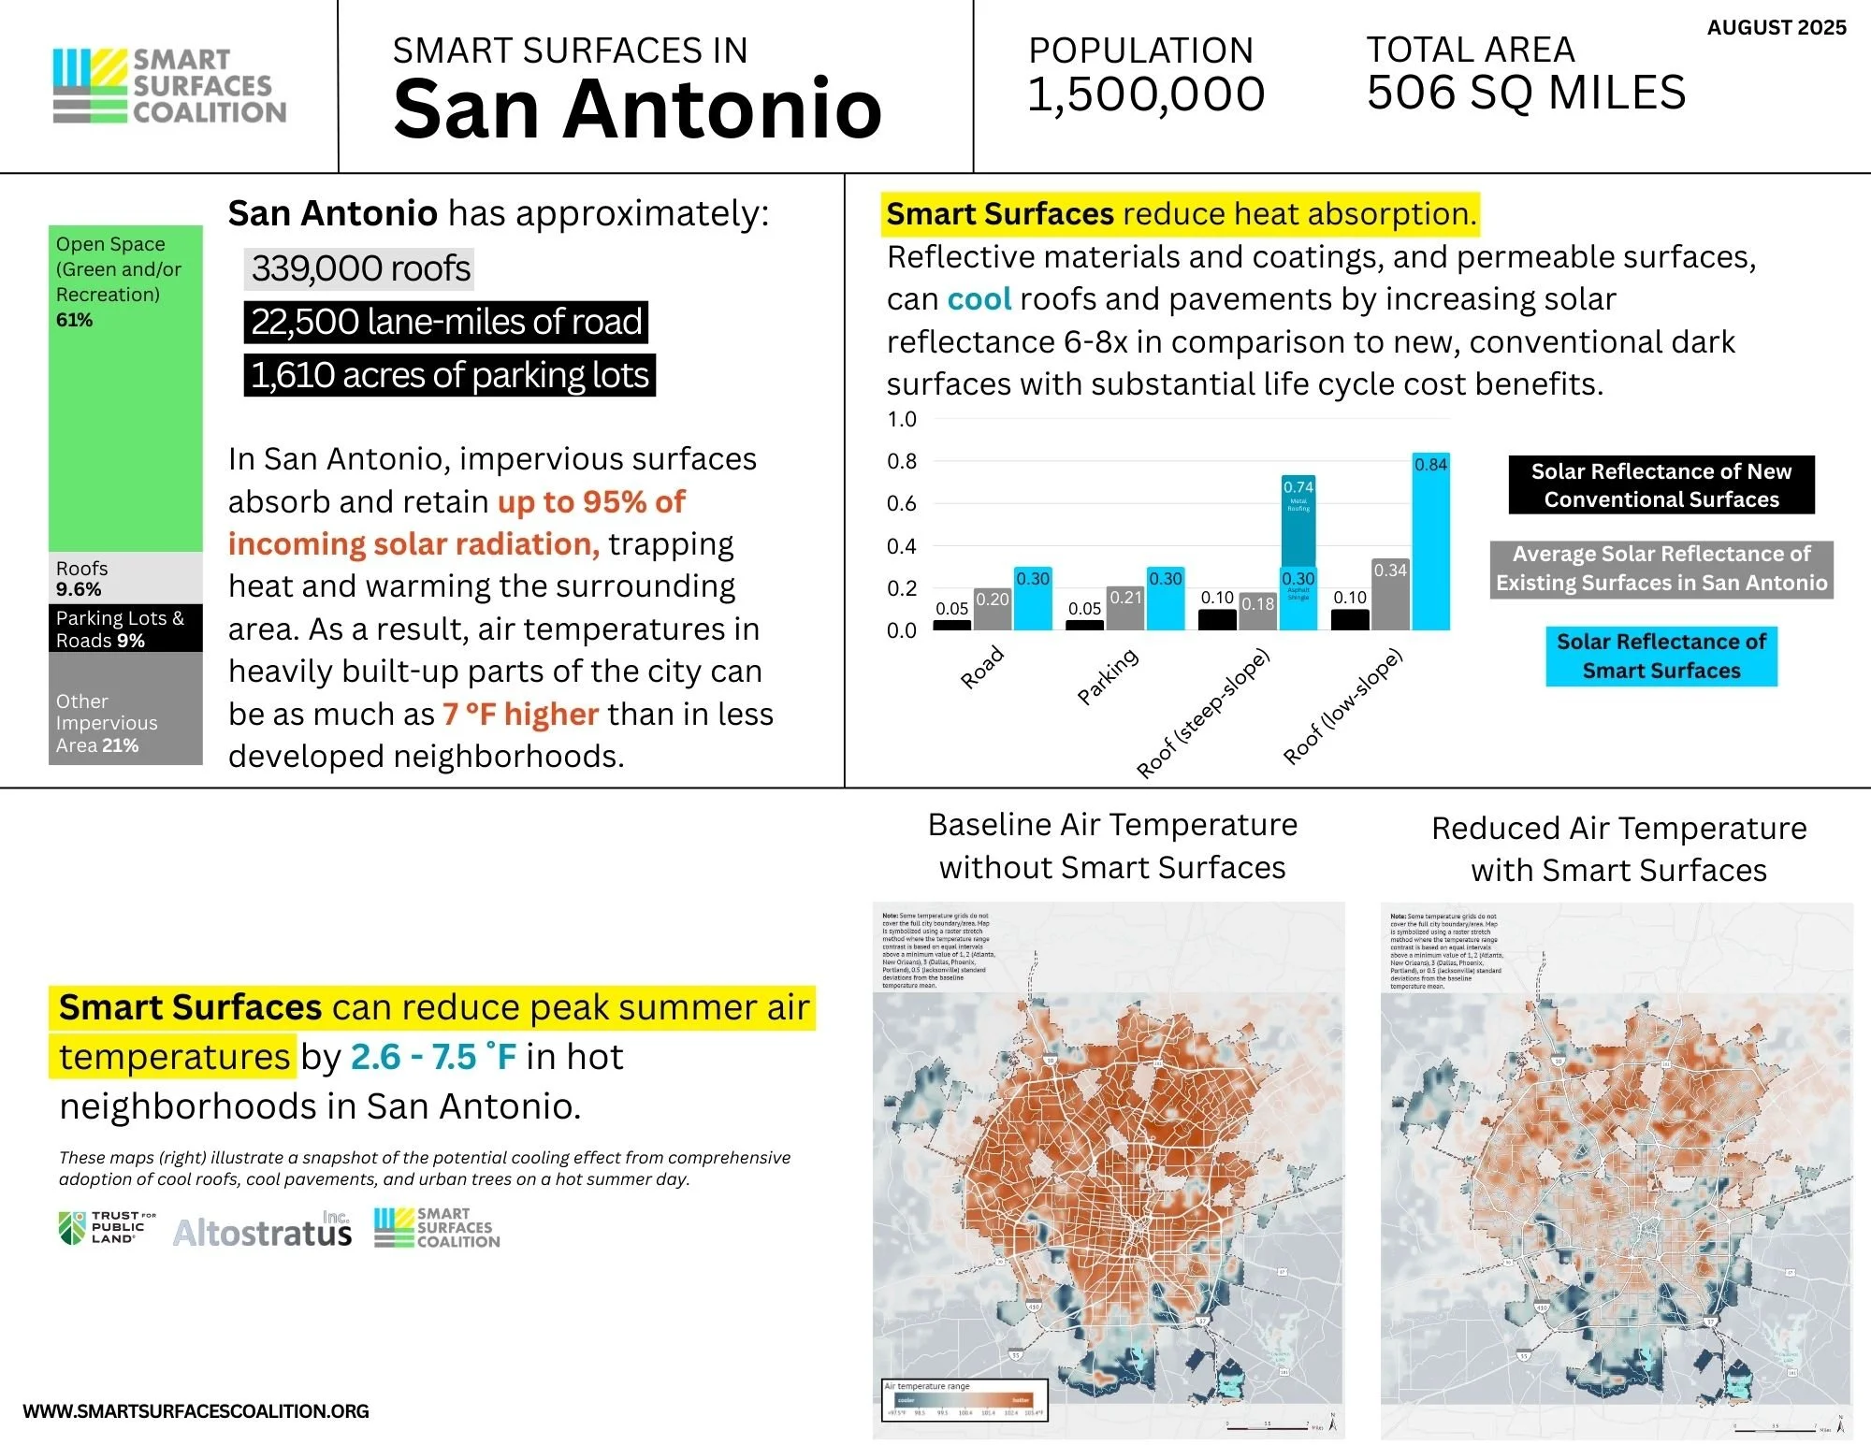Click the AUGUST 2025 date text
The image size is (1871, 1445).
pos(1776,28)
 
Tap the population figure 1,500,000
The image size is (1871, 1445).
pos(1146,94)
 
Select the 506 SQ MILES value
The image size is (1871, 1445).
pos(1526,93)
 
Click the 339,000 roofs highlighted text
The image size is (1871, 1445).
pos(360,268)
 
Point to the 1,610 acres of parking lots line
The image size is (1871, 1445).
pos(449,375)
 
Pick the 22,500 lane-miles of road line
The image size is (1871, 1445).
pos(446,322)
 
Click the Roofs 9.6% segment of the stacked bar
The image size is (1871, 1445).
pos(125,578)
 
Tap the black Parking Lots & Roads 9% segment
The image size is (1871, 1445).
pos(125,629)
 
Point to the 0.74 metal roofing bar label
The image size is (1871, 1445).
pos(1298,487)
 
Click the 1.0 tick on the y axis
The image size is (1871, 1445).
pos(902,419)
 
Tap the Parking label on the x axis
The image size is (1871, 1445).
pos(1108,675)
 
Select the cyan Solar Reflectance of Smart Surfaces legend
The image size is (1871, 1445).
pos(1661,656)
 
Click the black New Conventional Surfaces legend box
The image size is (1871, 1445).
pos(1661,484)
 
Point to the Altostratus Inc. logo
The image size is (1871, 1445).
pos(263,1231)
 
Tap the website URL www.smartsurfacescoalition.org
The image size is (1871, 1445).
pos(196,1410)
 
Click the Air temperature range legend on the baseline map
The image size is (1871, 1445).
pos(965,1399)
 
